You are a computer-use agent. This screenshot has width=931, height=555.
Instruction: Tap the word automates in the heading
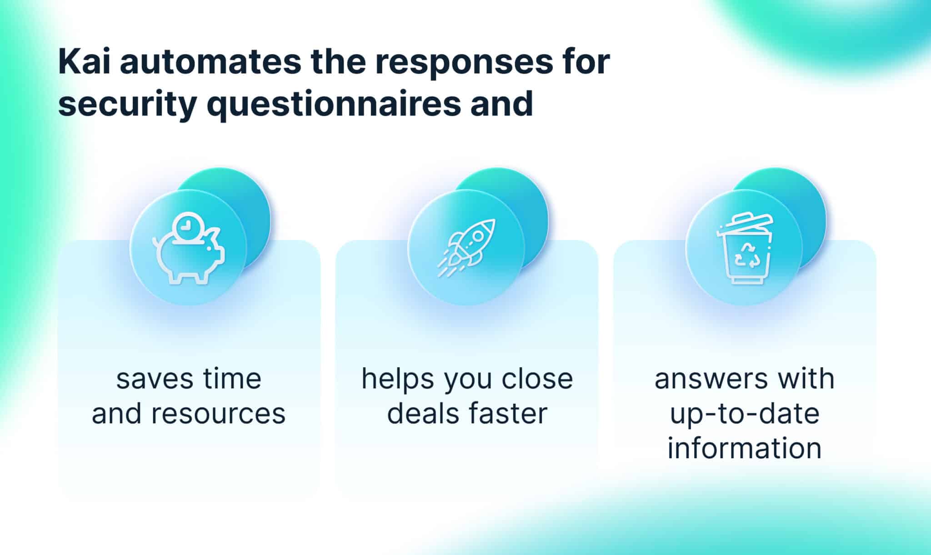tap(210, 62)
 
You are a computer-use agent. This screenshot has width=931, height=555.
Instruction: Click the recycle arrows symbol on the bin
tap(746, 255)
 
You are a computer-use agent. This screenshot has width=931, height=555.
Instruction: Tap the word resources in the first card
tap(218, 414)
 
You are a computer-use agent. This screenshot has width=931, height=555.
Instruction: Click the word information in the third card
tap(745, 448)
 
